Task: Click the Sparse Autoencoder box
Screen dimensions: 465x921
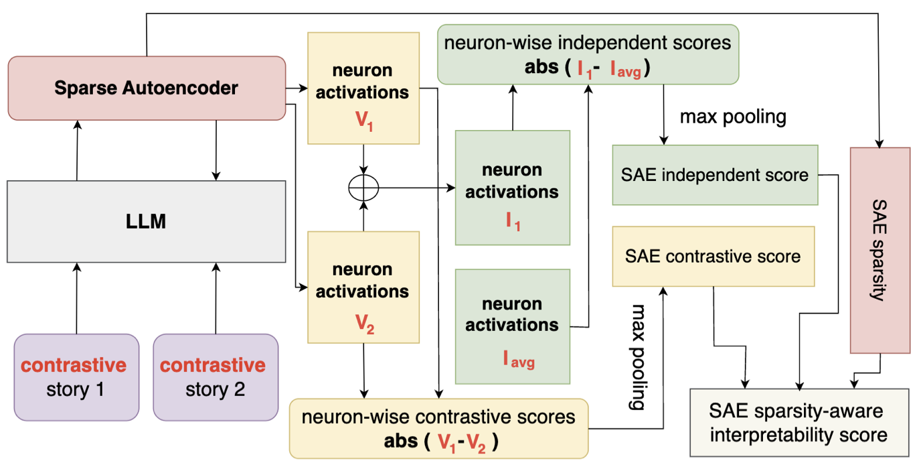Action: click(x=147, y=88)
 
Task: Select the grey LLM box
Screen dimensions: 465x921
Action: click(x=147, y=221)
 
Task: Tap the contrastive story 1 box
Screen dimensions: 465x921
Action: click(x=76, y=377)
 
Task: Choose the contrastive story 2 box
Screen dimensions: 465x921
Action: click(x=216, y=377)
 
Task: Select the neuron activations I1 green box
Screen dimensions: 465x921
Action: click(x=512, y=188)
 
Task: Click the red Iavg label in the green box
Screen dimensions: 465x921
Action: click(x=519, y=359)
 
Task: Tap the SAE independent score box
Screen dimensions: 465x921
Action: click(x=715, y=176)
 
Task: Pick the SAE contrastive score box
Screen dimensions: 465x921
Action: click(x=713, y=257)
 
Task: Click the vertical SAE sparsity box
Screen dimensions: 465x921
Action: click(x=880, y=250)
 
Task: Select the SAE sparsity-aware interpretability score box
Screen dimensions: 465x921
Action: click(x=800, y=423)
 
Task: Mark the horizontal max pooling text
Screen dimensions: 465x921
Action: click(x=732, y=117)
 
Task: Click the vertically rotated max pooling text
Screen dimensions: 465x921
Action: click(x=637, y=358)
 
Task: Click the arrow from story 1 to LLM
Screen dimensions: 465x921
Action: click(x=76, y=298)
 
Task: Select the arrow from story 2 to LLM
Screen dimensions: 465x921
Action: click(x=216, y=298)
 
